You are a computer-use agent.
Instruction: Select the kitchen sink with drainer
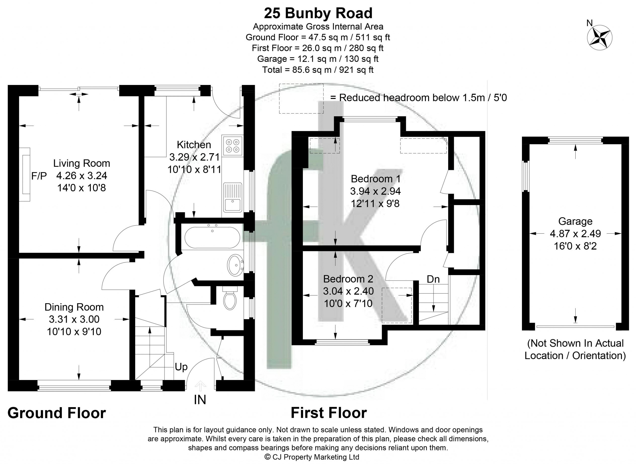point(233,197)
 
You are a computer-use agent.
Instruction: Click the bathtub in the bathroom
point(212,237)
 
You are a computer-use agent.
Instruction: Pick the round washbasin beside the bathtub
point(236,265)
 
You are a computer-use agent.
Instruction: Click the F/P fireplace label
point(39,176)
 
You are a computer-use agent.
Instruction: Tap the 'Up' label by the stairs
point(181,367)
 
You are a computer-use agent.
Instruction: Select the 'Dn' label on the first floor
point(433,279)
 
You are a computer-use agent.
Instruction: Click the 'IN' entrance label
point(200,399)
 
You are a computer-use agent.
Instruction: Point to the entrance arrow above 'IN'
point(200,386)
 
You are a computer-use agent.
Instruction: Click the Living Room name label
point(81,163)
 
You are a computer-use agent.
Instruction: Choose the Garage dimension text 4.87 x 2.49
point(575,233)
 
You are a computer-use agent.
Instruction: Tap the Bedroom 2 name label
point(348,279)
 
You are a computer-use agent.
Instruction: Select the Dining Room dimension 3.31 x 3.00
point(74,319)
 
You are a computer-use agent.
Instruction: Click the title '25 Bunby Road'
point(318,13)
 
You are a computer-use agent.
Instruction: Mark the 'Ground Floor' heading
point(57,413)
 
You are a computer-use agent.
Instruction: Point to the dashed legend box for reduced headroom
point(301,99)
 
